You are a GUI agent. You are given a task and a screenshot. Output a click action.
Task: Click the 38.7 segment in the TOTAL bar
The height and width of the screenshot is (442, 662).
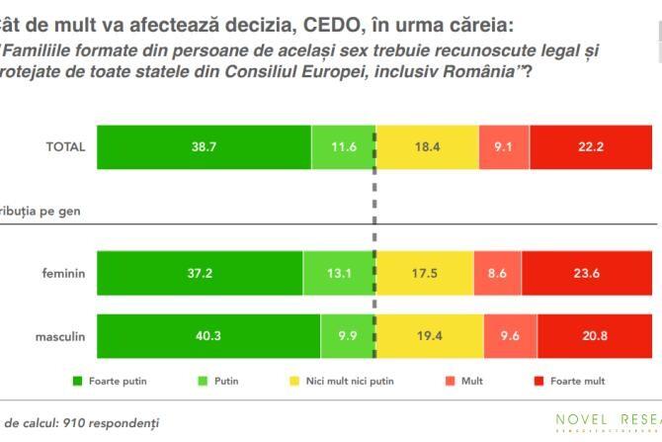[x=204, y=147]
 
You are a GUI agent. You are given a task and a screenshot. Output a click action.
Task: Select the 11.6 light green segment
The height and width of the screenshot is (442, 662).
[x=343, y=147]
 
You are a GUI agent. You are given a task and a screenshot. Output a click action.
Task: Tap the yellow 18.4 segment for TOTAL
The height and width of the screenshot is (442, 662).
[x=427, y=147]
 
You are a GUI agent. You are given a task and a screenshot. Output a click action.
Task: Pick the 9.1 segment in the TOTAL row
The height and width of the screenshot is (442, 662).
[x=503, y=147]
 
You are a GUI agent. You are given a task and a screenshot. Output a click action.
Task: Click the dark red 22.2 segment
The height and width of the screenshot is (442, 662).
[x=590, y=147]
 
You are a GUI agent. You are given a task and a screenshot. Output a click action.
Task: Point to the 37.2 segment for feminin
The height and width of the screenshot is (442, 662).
[x=200, y=274]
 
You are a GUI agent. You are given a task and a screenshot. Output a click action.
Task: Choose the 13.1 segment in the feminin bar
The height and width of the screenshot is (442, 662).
[x=339, y=274]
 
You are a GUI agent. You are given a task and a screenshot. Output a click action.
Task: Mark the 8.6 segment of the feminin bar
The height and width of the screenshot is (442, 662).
[x=498, y=274]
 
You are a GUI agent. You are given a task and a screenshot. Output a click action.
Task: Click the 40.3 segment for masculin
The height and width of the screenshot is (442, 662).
[x=207, y=336]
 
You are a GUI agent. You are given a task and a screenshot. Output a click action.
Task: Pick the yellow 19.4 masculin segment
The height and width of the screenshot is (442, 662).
[x=429, y=336]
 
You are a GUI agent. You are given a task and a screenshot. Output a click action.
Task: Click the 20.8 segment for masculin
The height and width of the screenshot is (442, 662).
[x=595, y=336]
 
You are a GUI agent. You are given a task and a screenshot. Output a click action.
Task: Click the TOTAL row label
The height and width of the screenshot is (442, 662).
[x=65, y=147]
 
